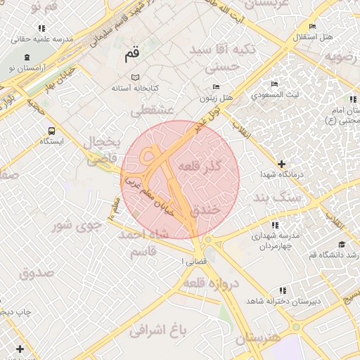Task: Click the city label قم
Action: pos(131,54)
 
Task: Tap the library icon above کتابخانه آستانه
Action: pos(136,77)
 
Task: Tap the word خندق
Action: pos(224,210)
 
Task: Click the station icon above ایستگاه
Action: pos(51,130)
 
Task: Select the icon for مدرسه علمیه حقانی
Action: pos(42,28)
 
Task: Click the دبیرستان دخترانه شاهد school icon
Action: pos(283,290)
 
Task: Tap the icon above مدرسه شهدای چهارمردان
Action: pos(274,225)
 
